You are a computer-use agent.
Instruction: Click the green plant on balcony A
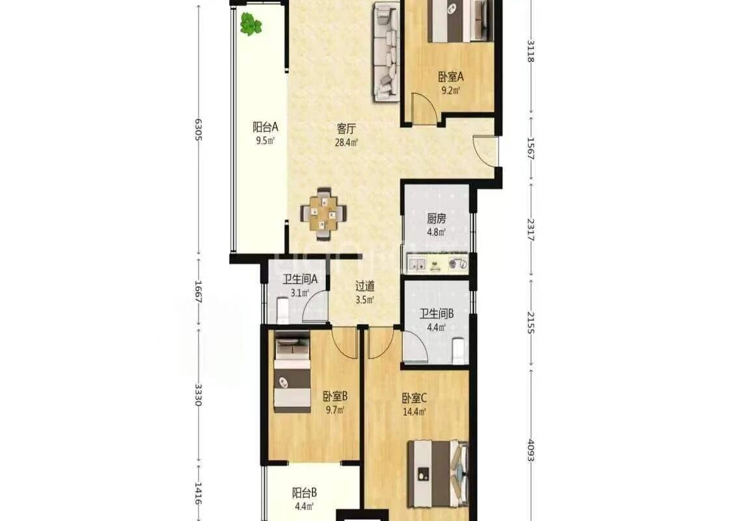(251, 24)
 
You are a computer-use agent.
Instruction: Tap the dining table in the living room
(323, 214)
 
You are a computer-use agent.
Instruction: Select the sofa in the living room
(386, 52)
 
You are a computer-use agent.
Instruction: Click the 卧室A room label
(450, 76)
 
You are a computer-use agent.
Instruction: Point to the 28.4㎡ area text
(346, 143)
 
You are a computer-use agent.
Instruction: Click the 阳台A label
(265, 126)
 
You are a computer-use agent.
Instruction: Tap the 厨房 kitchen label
(436, 218)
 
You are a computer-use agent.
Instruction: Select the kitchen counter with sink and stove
(437, 264)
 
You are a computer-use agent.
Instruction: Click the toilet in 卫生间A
(282, 311)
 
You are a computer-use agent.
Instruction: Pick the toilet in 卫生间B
(459, 352)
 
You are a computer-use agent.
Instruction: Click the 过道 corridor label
(364, 286)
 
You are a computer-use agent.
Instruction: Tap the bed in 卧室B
(292, 371)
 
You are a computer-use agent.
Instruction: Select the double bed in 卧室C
(438, 473)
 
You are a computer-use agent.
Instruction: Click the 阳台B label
(305, 492)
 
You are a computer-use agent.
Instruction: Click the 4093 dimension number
(530, 450)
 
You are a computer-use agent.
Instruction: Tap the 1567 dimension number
(530, 148)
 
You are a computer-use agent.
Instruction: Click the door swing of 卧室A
(424, 108)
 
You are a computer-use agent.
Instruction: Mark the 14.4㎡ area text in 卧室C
(414, 412)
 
